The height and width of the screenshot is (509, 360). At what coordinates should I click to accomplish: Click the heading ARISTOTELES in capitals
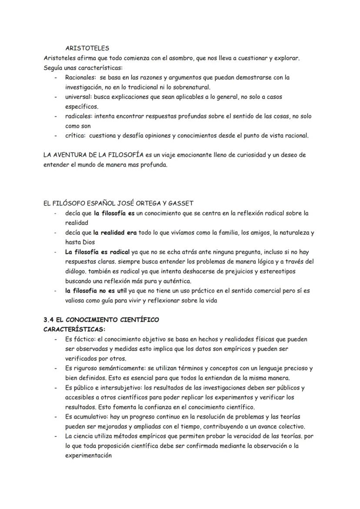coord(87,48)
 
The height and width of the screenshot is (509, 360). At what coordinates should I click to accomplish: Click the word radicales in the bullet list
coord(79,116)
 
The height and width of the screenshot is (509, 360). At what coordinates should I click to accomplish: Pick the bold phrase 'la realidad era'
coord(115,233)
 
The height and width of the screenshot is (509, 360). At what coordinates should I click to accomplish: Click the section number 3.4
coord(49,319)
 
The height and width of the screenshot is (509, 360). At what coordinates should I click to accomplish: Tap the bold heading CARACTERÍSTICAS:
coord(74,329)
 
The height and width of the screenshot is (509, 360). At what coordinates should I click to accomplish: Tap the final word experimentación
coord(88,456)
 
